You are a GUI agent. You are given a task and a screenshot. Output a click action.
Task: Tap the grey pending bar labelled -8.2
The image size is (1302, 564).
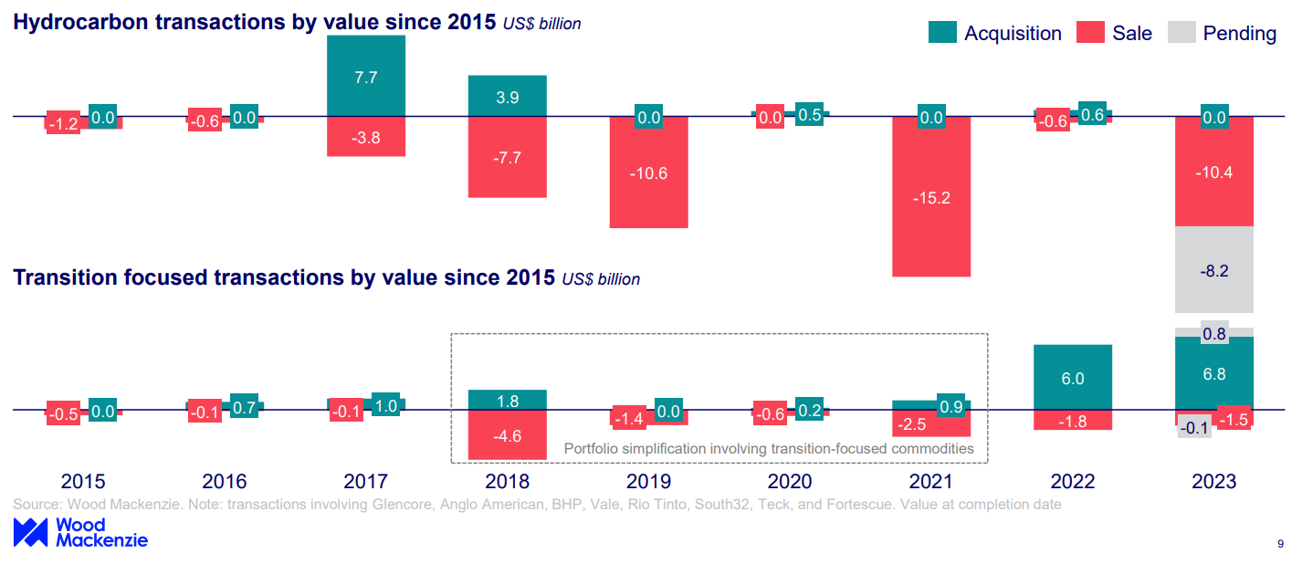1213,270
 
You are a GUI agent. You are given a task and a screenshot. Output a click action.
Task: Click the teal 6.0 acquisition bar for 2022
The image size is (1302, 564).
1072,378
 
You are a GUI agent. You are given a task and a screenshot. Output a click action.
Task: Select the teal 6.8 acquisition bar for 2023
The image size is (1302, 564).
1213,373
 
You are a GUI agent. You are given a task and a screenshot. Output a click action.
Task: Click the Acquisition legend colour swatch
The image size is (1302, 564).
942,33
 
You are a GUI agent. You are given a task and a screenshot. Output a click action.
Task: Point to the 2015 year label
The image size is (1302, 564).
82,482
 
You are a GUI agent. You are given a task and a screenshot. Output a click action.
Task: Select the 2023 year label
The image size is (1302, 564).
1213,482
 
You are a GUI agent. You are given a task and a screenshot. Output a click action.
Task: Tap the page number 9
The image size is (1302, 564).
1280,544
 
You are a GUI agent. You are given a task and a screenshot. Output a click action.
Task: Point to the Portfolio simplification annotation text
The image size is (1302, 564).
769,448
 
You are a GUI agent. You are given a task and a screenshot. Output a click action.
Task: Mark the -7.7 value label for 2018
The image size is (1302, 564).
507,157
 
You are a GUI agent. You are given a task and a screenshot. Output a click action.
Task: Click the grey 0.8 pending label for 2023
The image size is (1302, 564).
1213,334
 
